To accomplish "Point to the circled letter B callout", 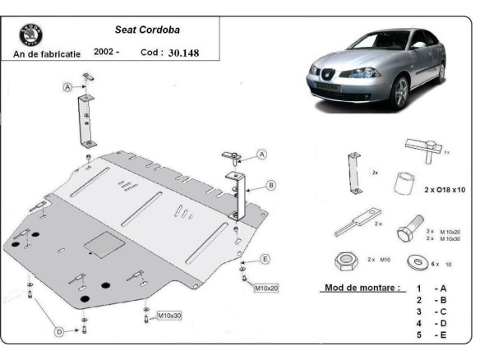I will point(271,185).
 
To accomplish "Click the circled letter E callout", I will point(265,260).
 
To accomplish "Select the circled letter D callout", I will point(59,332).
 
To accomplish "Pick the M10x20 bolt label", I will point(265,288).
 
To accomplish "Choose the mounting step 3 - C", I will point(431,312).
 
